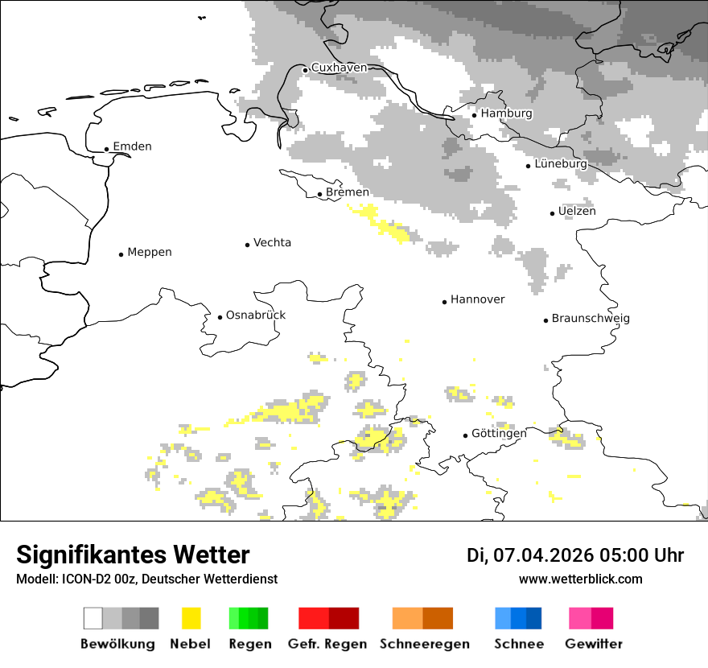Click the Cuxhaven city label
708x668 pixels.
point(339,68)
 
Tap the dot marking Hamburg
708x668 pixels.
point(474,115)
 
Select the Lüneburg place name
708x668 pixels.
point(561,163)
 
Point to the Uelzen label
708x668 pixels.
point(577,211)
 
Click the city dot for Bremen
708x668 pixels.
point(319,194)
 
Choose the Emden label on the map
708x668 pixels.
point(132,146)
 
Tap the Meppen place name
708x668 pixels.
point(150,252)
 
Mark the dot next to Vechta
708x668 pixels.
point(247,245)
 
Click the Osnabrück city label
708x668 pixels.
point(256,315)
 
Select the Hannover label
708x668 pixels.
point(478,299)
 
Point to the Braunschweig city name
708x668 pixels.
point(591,318)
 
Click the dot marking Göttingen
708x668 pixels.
point(465,435)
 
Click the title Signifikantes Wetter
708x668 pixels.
point(133,555)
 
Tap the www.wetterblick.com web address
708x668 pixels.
point(581,579)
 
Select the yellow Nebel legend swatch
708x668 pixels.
point(191,618)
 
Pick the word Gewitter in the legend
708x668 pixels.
point(594,644)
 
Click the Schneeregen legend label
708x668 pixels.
point(425,644)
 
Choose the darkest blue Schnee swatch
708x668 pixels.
point(533,618)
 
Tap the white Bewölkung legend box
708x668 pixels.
point(93,618)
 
